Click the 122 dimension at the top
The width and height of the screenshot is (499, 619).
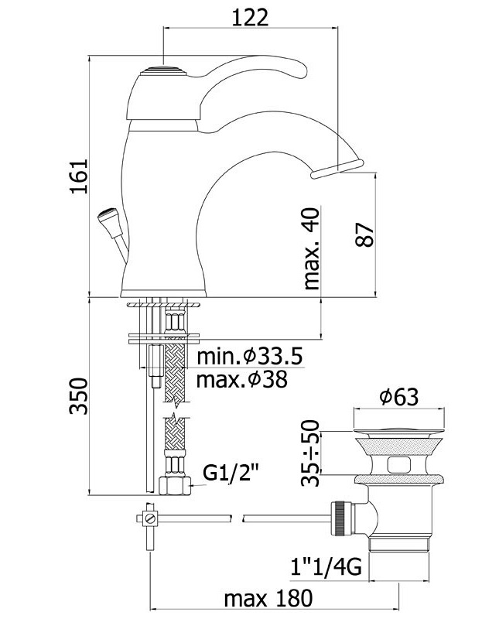(250, 17)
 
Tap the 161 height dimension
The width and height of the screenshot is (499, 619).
(79, 176)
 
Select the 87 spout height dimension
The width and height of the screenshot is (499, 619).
(364, 234)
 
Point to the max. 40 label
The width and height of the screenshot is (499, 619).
(312, 248)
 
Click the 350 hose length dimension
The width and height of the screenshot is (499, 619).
(78, 396)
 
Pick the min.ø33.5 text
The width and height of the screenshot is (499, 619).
(250, 357)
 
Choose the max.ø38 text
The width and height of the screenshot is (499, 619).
(242, 380)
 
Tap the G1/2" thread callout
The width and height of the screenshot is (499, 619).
(231, 473)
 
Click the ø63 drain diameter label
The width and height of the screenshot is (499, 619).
(398, 397)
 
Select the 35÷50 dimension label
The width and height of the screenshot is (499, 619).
(310, 453)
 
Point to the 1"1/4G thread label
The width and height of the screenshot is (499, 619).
(326, 568)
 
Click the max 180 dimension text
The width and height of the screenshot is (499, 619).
(268, 598)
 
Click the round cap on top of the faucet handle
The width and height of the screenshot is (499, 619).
(163, 71)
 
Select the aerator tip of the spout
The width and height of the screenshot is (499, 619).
(336, 168)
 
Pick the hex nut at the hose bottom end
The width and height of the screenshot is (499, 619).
(174, 486)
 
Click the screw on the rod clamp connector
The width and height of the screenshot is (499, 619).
(149, 518)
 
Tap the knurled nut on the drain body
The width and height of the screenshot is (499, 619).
(342, 518)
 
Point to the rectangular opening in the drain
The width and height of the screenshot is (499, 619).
(399, 465)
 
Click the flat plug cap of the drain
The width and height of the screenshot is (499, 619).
(398, 430)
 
